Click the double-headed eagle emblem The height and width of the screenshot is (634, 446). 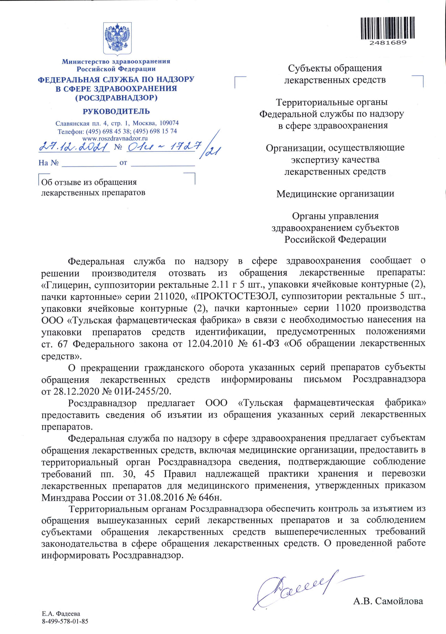tap(117, 38)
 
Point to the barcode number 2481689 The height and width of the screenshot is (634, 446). tap(388, 43)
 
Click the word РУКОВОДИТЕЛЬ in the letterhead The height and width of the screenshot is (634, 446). tap(116, 112)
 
